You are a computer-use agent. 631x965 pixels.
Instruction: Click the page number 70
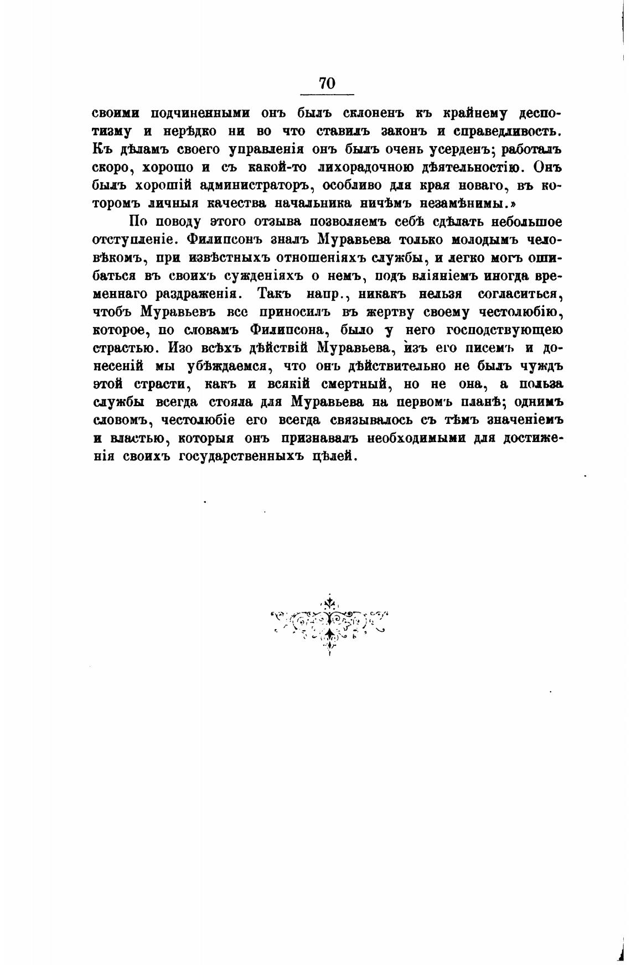(327, 84)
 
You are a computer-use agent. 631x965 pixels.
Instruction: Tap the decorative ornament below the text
(330, 624)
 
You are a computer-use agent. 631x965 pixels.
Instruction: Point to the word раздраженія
(191, 294)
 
